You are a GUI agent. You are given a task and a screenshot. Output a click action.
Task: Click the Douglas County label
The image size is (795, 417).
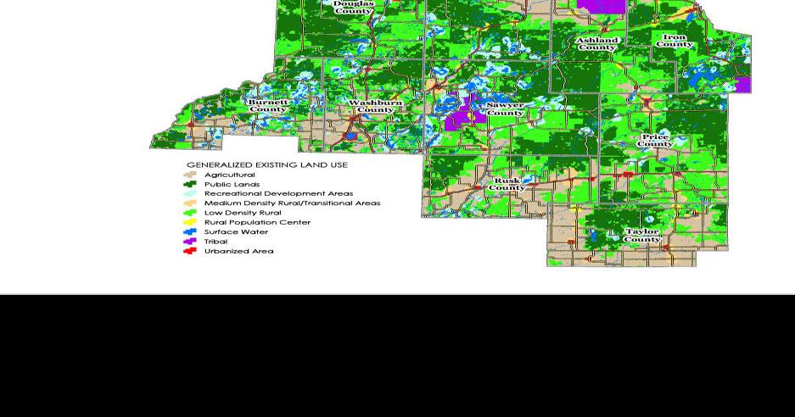point(353,8)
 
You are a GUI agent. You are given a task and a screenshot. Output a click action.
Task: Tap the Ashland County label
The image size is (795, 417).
point(596,44)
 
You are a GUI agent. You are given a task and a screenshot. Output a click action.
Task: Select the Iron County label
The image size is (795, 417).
point(675,41)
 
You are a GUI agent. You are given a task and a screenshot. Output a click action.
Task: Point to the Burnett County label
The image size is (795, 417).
point(268,105)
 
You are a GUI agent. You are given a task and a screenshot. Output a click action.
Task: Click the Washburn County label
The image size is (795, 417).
point(375,106)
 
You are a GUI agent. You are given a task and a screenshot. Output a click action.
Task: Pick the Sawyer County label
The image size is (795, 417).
point(505,108)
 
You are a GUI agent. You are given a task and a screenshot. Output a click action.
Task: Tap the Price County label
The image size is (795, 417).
point(655,140)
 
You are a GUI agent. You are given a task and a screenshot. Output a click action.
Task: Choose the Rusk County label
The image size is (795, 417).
point(507,184)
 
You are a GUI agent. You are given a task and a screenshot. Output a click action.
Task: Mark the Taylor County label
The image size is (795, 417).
point(642,235)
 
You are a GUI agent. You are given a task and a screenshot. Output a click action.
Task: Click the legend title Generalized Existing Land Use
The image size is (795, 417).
point(266,165)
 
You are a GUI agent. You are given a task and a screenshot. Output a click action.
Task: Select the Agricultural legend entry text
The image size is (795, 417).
point(229,175)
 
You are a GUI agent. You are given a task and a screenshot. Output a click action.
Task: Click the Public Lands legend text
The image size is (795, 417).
point(232,184)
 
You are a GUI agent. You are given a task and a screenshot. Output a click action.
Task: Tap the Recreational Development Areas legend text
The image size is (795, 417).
point(278,193)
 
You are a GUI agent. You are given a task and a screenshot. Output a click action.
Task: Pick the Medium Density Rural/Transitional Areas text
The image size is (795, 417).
point(292,203)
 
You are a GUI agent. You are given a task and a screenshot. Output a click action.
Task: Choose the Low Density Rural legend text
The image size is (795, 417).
point(243,213)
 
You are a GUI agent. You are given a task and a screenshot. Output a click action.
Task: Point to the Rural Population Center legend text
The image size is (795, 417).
point(257,222)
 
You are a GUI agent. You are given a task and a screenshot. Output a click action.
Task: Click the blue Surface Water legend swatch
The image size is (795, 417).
point(190,231)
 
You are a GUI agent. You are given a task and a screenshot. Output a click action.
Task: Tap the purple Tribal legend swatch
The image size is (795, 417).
point(190,242)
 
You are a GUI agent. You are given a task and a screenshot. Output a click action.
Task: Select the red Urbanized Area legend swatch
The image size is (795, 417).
point(190,251)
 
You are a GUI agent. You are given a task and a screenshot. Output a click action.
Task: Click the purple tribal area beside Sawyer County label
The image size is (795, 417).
point(461,115)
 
